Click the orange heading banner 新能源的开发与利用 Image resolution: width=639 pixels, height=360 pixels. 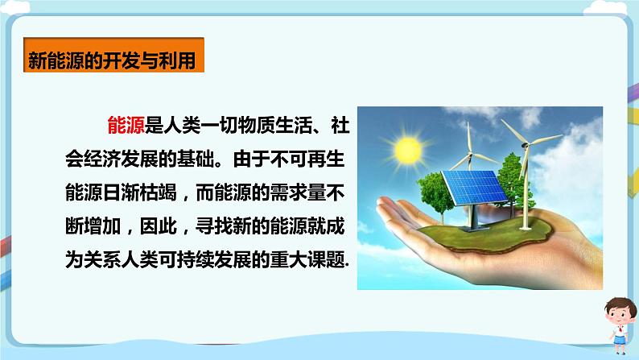pyautogui.click(x=113, y=55)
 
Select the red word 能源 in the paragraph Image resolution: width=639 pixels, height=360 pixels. pyautogui.click(x=126, y=125)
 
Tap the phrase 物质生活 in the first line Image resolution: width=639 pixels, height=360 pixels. pyautogui.click(x=274, y=125)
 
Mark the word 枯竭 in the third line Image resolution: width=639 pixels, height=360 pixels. pyautogui.click(x=158, y=192)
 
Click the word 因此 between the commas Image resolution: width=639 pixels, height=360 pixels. pyautogui.click(x=158, y=226)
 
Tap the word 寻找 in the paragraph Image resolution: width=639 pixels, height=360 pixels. pyautogui.click(x=213, y=226)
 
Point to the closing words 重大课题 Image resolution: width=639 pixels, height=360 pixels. pyautogui.click(x=307, y=259)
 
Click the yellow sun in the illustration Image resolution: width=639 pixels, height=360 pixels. pyautogui.click(x=407, y=149)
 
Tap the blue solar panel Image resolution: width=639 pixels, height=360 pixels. pyautogui.click(x=475, y=188)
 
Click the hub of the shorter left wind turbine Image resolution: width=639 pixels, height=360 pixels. pyautogui.click(x=470, y=154)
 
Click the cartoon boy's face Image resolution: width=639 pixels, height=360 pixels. pyautogui.click(x=619, y=315)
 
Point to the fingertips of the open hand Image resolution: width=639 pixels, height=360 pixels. pyautogui.click(x=384, y=208)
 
